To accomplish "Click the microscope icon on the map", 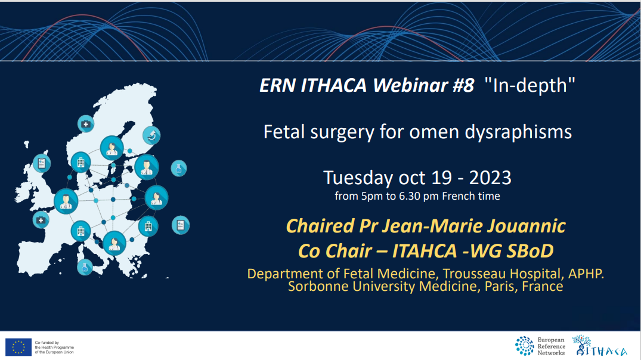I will (x=152, y=135).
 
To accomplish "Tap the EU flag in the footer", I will (x=18, y=347).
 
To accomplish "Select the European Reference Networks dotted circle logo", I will (x=524, y=346).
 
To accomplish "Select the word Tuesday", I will (x=357, y=178).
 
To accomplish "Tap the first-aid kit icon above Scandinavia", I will (x=86, y=124).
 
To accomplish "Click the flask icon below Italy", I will (x=85, y=268).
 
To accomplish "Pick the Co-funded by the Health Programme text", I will (x=54, y=347).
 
